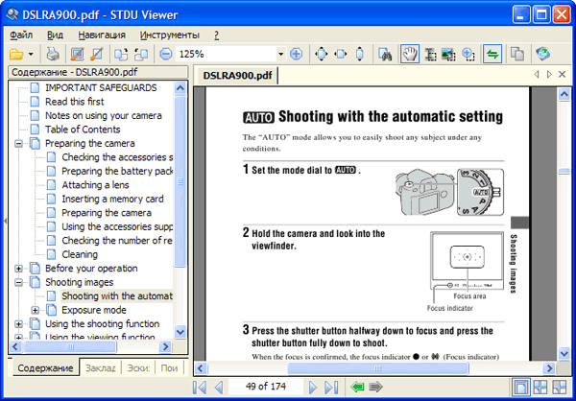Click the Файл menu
tap(21, 35)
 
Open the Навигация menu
tap(102, 35)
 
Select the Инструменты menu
tap(170, 35)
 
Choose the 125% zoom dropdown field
tap(229, 55)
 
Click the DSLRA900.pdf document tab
tap(237, 75)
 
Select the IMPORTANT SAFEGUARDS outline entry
tap(101, 87)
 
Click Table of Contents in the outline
tap(83, 130)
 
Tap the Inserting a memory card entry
tap(112, 199)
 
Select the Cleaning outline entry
tap(80, 254)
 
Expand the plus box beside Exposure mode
tap(36, 310)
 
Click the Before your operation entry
tap(91, 269)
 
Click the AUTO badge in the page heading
tap(258, 118)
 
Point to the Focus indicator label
tap(450, 308)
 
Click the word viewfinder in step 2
tap(274, 246)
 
